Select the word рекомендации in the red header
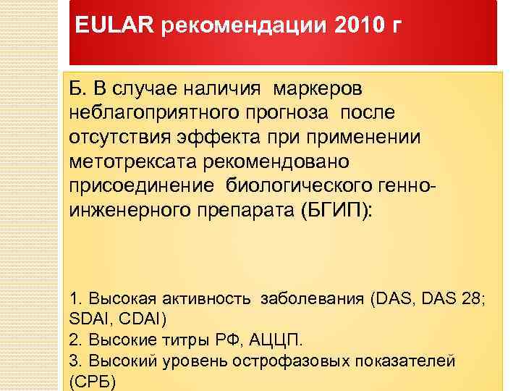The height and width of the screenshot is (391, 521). (x=245, y=27)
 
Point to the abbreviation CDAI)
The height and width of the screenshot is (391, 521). (x=142, y=319)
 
